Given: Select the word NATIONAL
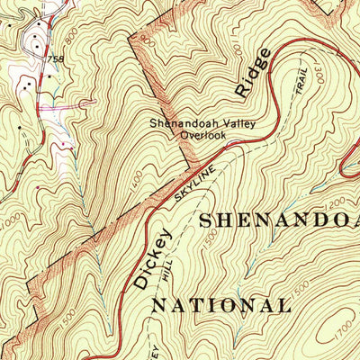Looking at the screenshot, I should [220, 305].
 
